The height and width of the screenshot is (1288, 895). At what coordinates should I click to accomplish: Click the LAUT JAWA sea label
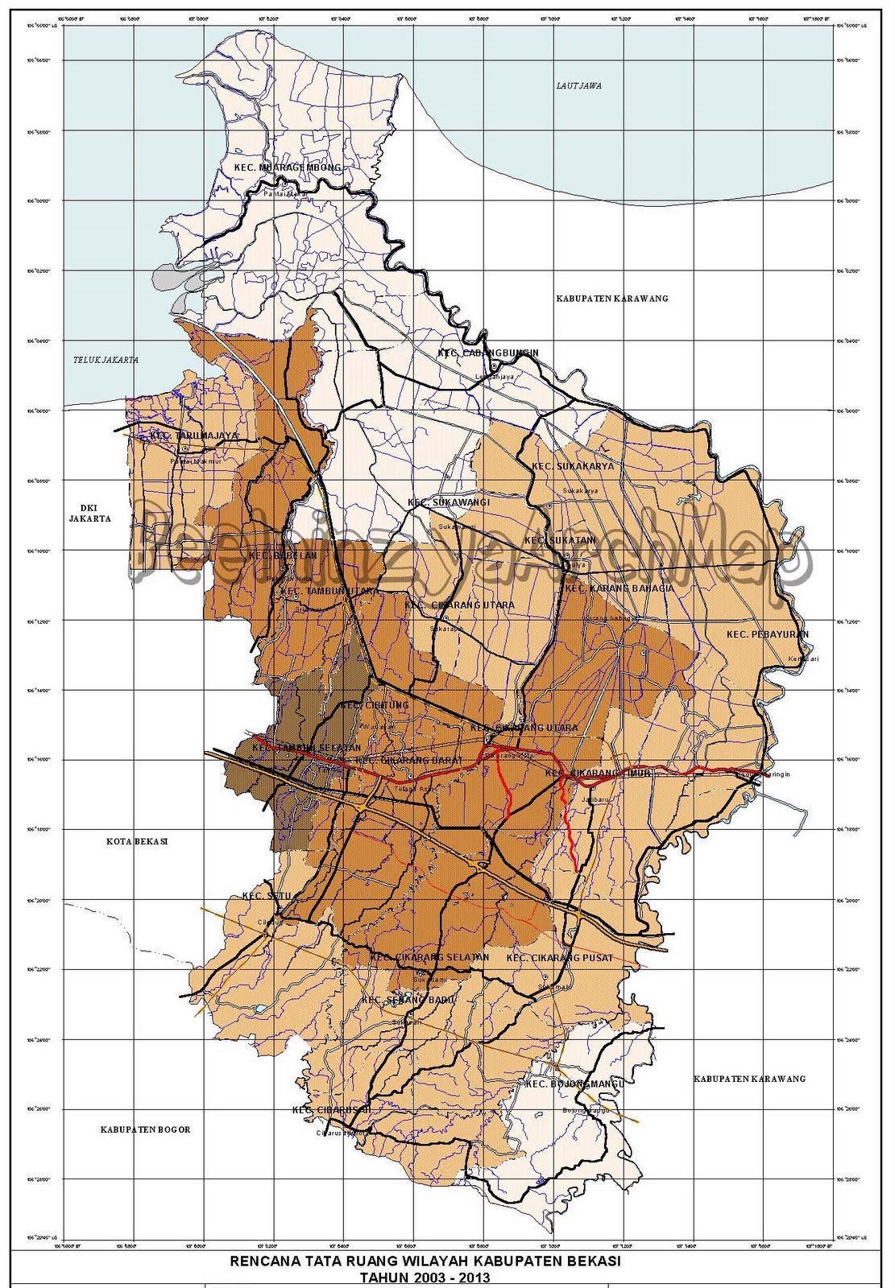[x=579, y=85]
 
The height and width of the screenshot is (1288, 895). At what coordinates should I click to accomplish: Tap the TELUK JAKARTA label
[x=104, y=360]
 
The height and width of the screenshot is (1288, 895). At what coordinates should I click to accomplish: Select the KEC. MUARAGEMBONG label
[x=287, y=167]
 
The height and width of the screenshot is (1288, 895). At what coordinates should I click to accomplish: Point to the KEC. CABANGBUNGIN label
[x=487, y=353]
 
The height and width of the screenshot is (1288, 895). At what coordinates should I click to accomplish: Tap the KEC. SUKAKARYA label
[x=572, y=466]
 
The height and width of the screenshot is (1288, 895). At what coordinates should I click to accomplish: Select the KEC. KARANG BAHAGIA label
[x=619, y=588]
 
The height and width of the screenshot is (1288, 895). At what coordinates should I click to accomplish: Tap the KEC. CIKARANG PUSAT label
[x=560, y=958]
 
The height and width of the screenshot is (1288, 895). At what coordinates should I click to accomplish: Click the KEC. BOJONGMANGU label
[x=575, y=1084]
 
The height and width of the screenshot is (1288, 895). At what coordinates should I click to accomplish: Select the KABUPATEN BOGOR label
[x=145, y=1129]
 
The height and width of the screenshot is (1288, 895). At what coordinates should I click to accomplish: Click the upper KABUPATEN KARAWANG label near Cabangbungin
[x=611, y=299]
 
